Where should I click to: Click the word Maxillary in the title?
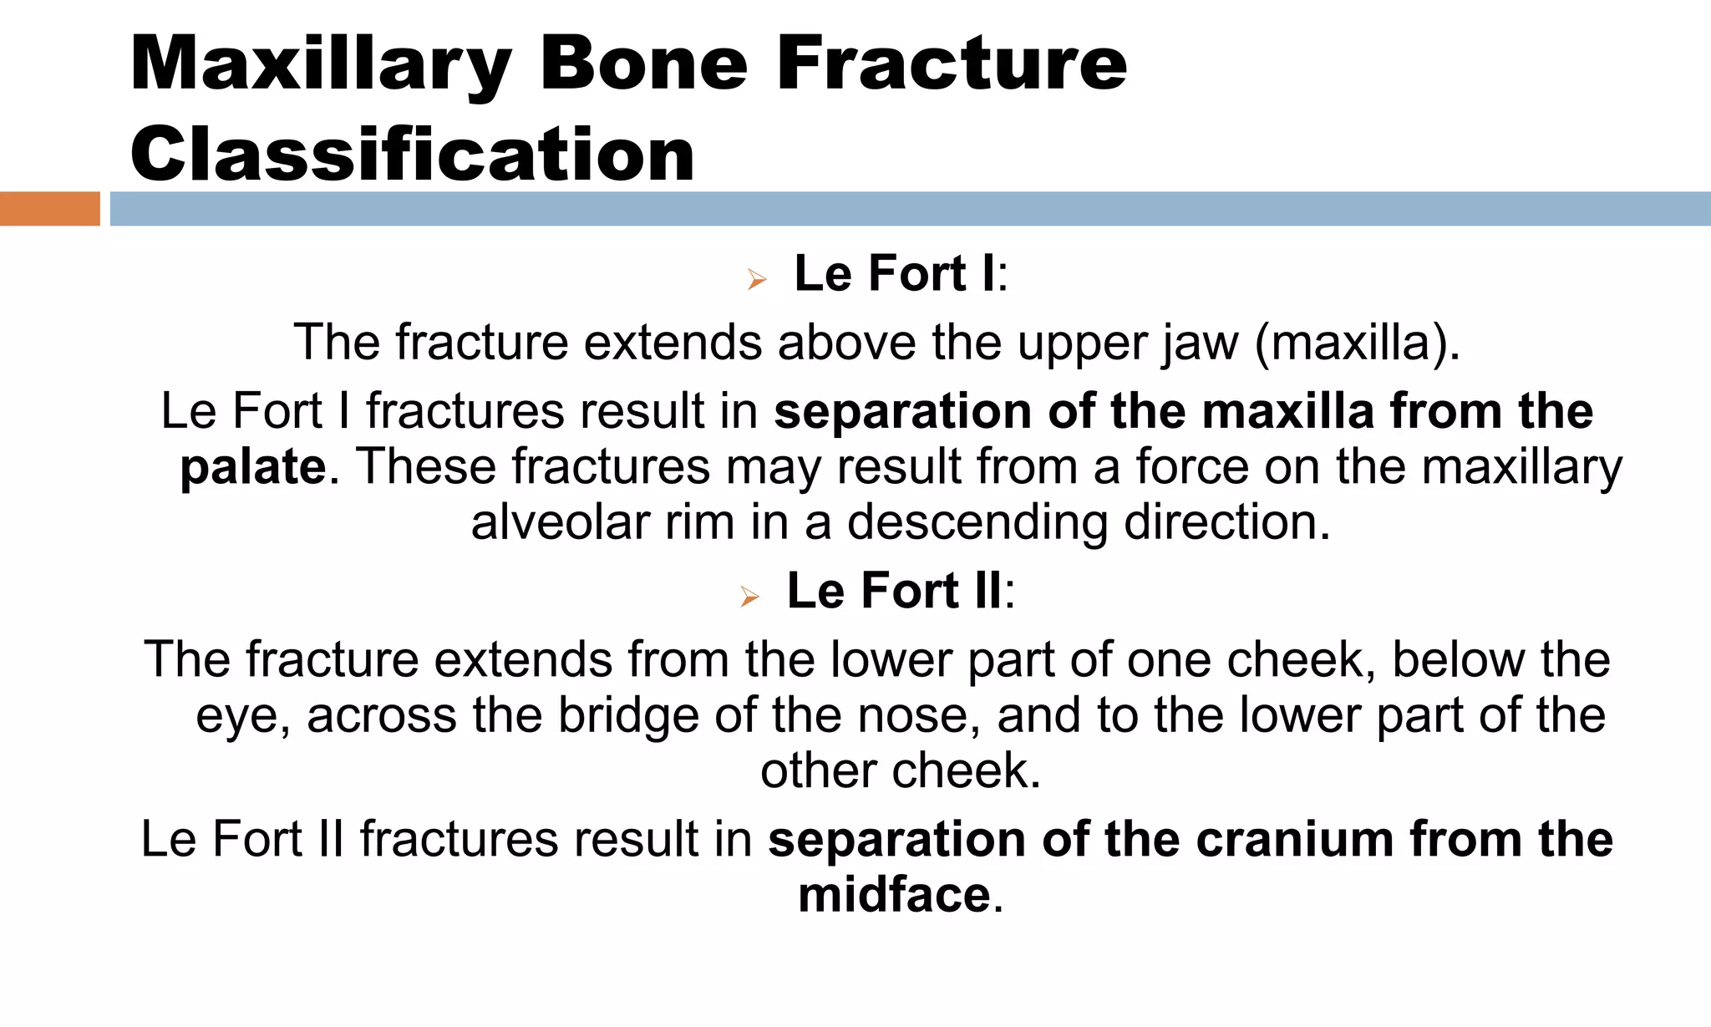[x=321, y=65]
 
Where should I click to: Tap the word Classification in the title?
[x=412, y=155]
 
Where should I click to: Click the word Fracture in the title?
[x=952, y=65]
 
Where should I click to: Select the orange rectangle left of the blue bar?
[x=49, y=209]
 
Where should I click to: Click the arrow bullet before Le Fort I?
[x=757, y=279]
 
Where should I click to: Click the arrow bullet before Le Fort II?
[x=749, y=597]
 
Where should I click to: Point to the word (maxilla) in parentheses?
[x=1358, y=343]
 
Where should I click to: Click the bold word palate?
[x=253, y=467]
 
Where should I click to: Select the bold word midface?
[x=894, y=895]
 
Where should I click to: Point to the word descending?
[x=977, y=523]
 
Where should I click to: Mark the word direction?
[x=1226, y=523]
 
